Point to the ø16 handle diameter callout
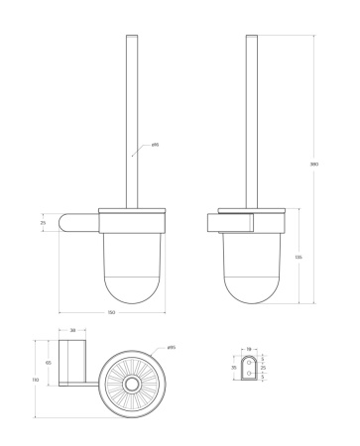156,145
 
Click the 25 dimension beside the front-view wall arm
42,223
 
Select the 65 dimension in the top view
48,363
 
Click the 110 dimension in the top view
36,380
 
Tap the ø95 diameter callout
172,347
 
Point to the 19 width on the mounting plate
250,349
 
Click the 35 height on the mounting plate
234,367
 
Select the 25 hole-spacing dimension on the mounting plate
264,367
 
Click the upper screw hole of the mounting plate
250,362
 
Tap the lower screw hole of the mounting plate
250,374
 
